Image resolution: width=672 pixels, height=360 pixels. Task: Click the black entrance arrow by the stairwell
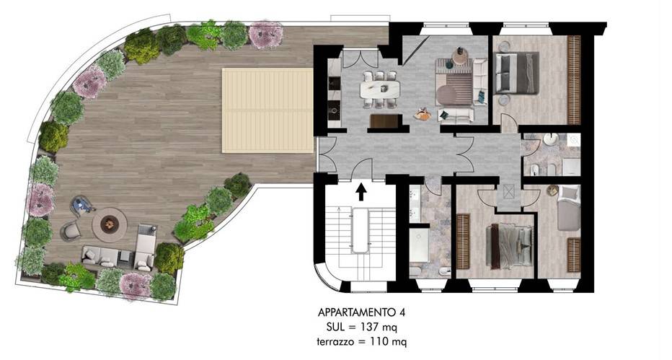coord(361,190)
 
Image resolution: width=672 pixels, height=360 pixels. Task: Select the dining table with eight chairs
coord(380,88)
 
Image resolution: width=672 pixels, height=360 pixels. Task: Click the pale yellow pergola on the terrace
coord(267,110)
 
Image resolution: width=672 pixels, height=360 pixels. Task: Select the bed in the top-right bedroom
coord(517,72)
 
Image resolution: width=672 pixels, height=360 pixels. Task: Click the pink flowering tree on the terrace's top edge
coord(265,34)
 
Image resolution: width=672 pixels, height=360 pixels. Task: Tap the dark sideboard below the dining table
coord(383,121)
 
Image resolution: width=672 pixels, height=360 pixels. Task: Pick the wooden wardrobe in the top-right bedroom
coord(574,79)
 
